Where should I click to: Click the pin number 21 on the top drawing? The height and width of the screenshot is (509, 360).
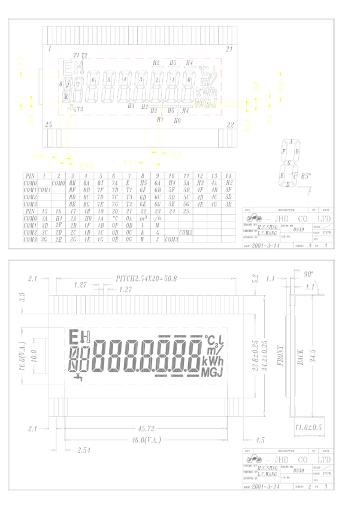pyautogui.click(x=228, y=49)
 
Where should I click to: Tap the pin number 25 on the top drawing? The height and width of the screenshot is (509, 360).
pyautogui.click(x=49, y=124)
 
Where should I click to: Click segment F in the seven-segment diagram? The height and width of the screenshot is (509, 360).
pyautogui.click(x=283, y=152)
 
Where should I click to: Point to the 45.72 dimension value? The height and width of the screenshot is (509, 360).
pyautogui.click(x=147, y=429)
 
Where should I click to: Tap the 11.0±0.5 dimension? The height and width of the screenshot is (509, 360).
pyautogui.click(x=310, y=427)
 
